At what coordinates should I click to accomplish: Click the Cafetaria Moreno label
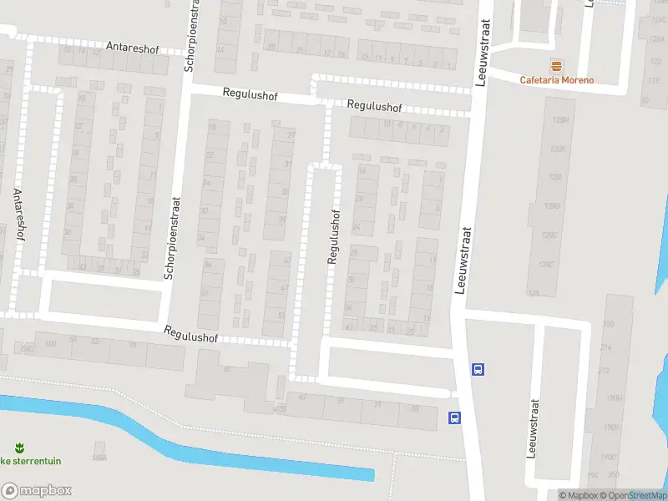point(557,80)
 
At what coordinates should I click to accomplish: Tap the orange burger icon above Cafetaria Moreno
point(556,65)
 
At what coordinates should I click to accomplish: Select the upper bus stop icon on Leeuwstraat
point(477,368)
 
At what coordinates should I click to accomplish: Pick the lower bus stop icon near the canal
point(454,417)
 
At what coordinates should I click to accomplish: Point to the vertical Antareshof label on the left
point(18,214)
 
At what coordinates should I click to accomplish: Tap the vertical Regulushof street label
point(333,237)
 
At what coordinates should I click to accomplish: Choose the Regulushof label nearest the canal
point(190,334)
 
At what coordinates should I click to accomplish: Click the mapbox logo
point(36,491)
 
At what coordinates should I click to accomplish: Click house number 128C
point(547,265)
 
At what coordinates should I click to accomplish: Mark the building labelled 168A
point(99,458)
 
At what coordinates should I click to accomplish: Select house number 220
point(606,323)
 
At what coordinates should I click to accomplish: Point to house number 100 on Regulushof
point(50,343)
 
